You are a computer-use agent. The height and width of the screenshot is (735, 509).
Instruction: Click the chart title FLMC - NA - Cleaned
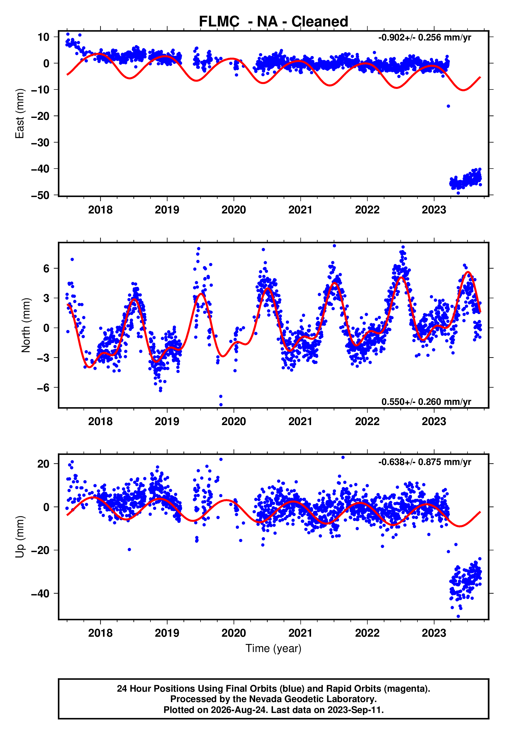point(273,22)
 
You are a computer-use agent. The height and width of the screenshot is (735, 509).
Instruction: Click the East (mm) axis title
point(20,114)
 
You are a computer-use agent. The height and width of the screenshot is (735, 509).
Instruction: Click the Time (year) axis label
point(273,648)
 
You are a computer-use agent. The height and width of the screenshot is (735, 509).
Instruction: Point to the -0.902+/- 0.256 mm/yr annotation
point(424,38)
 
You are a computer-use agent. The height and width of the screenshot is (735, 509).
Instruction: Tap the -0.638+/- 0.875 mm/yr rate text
point(424,462)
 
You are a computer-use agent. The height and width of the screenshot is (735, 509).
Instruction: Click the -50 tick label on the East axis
point(40,195)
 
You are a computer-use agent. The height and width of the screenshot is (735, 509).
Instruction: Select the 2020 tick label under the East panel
point(234,210)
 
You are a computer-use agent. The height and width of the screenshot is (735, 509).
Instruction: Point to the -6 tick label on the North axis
point(43,387)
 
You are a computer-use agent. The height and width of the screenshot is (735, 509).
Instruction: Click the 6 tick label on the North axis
point(46,268)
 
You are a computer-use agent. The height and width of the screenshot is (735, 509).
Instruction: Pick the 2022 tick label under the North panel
point(367,421)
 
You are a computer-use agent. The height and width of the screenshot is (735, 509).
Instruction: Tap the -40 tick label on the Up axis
point(40,593)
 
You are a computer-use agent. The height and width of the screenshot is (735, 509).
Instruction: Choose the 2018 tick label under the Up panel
point(100,633)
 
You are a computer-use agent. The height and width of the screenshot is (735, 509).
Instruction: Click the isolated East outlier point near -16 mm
point(448,106)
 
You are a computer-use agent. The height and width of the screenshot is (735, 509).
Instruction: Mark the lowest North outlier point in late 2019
point(221,405)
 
